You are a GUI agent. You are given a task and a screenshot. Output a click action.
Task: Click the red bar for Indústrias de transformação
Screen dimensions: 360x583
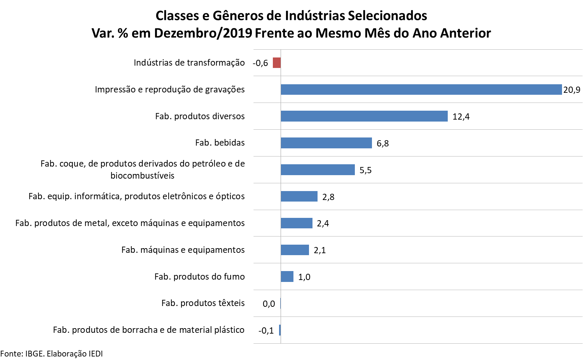pos(276,63)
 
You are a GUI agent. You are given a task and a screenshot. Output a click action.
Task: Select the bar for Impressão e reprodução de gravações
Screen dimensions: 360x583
pos(421,89)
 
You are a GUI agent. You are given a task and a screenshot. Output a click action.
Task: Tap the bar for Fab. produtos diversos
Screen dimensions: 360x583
pos(364,116)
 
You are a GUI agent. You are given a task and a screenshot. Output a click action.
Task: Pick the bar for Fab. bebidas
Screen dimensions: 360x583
pos(326,143)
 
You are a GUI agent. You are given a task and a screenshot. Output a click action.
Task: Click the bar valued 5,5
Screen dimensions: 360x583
pos(318,170)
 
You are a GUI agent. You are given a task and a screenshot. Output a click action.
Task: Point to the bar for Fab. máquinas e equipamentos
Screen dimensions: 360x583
pos(295,250)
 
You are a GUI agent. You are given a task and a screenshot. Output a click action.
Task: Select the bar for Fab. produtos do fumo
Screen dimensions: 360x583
pos(287,277)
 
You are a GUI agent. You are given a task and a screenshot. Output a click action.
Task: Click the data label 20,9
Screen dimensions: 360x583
pos(572,90)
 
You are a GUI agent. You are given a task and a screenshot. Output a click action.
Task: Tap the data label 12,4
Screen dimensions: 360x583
pos(461,117)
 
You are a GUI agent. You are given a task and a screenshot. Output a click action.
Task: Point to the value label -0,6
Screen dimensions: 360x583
pos(260,63)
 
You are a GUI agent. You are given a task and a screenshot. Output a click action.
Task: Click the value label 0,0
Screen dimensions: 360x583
pos(269,304)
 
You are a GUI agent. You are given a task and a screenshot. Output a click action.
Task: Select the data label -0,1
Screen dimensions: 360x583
pos(266,330)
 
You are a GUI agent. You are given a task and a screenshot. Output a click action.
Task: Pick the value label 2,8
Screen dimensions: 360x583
pos(328,197)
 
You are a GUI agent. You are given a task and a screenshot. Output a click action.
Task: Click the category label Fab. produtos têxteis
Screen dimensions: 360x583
pos(203,303)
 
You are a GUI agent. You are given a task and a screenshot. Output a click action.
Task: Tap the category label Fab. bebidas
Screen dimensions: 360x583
pos(220,143)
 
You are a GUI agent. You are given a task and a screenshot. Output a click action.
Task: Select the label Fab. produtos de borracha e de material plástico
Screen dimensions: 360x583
pos(149,330)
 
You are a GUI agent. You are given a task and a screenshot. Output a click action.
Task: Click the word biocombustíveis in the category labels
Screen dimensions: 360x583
pos(142,176)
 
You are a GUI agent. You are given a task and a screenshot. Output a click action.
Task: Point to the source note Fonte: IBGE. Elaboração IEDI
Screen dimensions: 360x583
pos(52,353)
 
